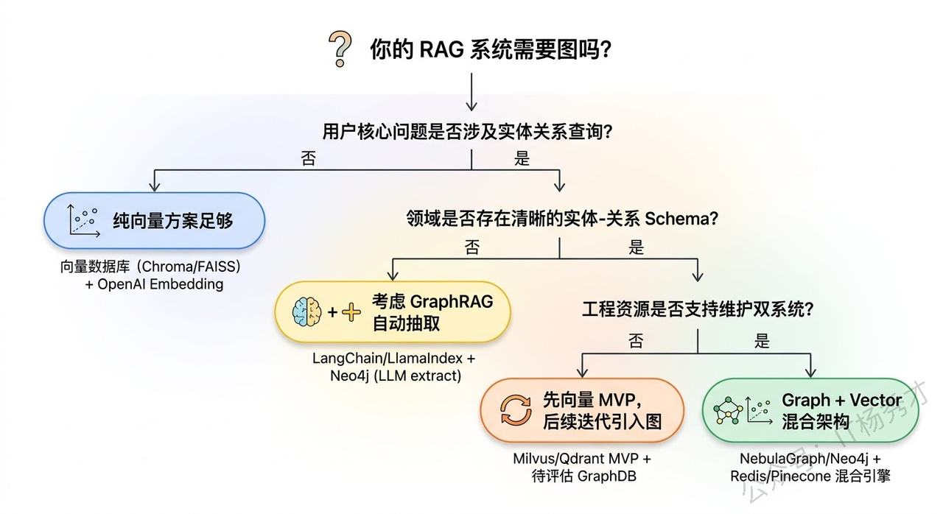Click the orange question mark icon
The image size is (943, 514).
339,50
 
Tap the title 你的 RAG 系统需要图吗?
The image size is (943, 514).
490,50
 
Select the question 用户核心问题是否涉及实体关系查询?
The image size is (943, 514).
469,132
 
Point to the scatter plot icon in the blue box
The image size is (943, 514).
83,220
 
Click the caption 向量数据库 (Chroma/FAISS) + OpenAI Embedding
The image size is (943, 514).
151,275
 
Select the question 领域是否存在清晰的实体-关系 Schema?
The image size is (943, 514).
562,219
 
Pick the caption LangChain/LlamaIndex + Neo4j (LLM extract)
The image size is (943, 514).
394,367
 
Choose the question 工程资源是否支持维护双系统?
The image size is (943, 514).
697,309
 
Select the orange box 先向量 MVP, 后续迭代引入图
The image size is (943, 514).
582,410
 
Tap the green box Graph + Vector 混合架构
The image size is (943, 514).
810,410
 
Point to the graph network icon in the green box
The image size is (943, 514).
724,410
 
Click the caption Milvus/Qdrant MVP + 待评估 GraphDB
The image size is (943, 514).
582,467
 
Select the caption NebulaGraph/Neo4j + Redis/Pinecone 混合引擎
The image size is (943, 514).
810,467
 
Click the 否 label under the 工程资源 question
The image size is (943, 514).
635,341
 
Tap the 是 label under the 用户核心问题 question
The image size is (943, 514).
522,158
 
